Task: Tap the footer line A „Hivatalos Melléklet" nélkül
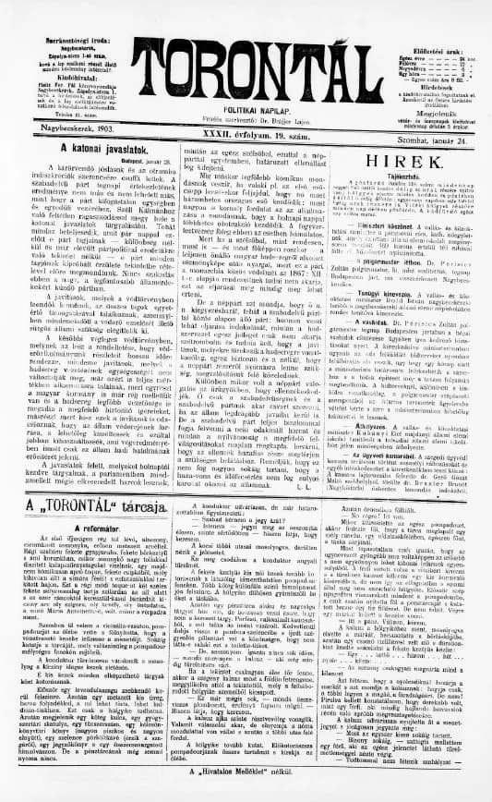pos(246,769)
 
